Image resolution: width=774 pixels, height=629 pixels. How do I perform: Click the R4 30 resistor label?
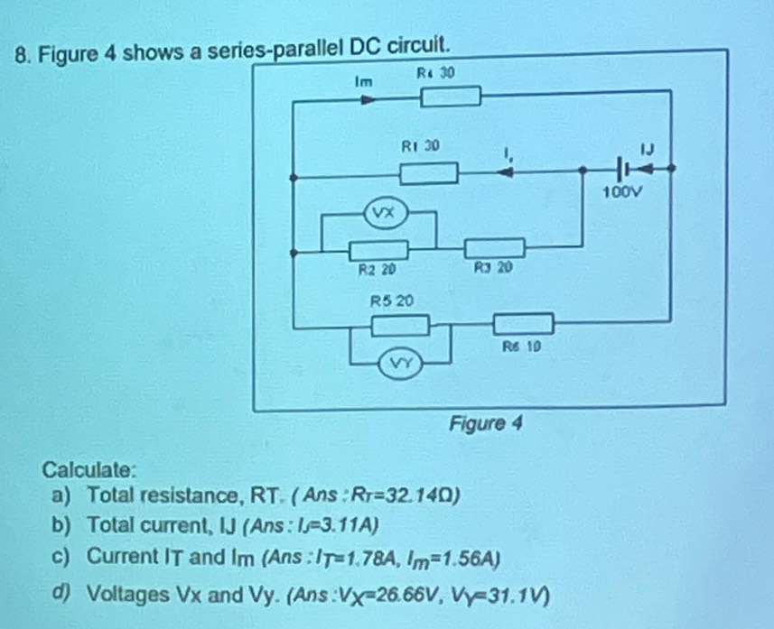click(x=436, y=71)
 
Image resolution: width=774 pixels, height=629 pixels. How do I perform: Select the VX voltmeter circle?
click(x=379, y=214)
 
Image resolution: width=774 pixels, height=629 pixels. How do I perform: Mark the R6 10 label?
click(x=522, y=345)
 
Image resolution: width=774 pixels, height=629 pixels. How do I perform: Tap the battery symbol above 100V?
click(x=624, y=168)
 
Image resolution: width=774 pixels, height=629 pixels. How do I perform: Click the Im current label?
click(x=364, y=80)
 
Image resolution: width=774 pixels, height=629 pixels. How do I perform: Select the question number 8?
click(x=13, y=48)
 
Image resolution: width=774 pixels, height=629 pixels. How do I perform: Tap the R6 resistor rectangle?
click(x=522, y=322)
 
